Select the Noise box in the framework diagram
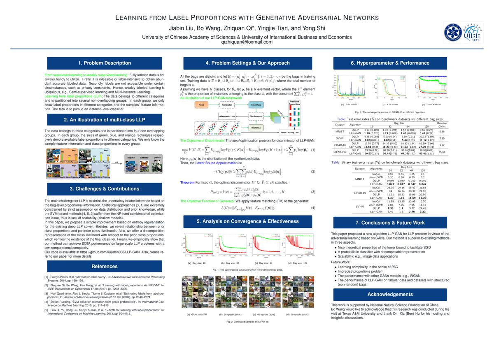point(201,105)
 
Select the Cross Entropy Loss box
point(290,132)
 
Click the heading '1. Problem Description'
point(105,63)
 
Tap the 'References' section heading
point(105,266)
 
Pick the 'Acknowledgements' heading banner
point(390,294)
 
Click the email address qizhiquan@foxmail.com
point(247,42)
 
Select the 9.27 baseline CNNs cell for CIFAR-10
point(441,145)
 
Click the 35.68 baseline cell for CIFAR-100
point(441,152)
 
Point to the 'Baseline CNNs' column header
point(441,125)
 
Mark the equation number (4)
point(313,208)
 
